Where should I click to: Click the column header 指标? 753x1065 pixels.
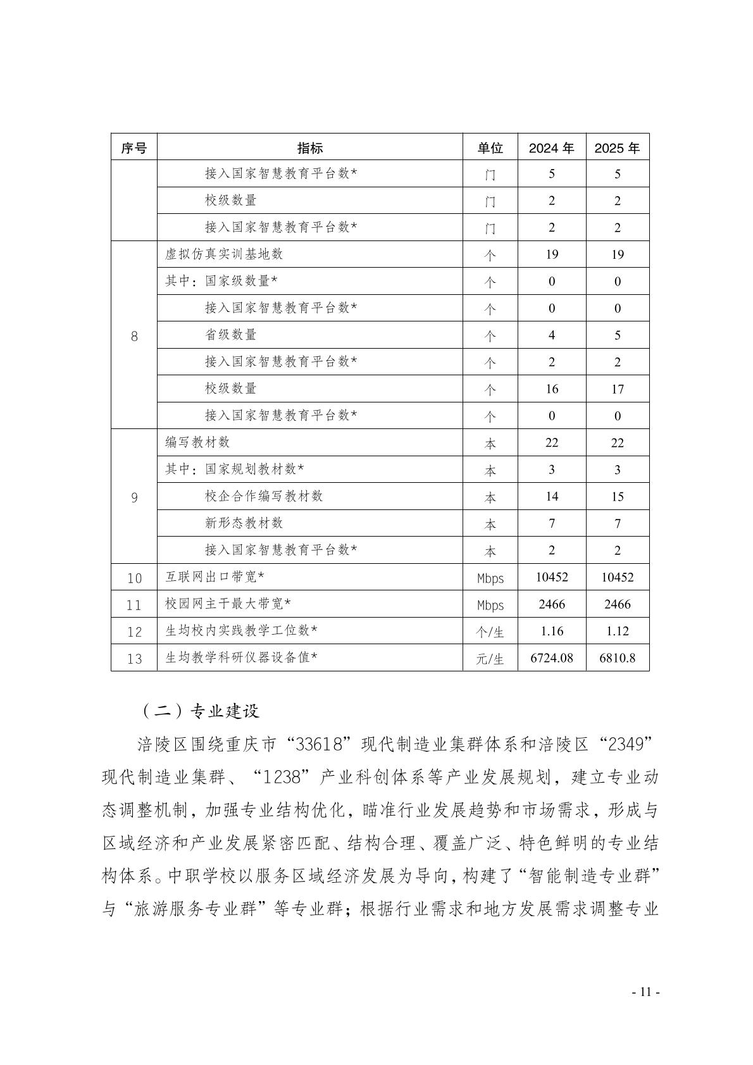tap(309, 148)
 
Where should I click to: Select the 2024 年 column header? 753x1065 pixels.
tap(551, 148)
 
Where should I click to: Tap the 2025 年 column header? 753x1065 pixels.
tap(617, 148)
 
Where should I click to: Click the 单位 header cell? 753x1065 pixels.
tap(490, 148)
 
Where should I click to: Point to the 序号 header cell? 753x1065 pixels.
tap(134, 148)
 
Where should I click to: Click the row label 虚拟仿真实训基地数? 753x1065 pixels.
tap(224, 254)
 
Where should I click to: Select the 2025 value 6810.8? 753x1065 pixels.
tap(617, 658)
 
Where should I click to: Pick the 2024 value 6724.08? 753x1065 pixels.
tap(551, 658)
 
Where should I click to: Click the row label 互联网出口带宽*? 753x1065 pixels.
tap(215, 577)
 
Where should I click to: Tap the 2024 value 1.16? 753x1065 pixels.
tap(551, 631)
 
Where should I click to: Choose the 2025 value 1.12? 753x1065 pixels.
tap(617, 631)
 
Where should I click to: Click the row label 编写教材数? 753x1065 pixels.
tap(197, 442)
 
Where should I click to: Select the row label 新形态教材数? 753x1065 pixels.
tap(244, 523)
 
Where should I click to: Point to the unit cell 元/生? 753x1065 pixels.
tap(490, 659)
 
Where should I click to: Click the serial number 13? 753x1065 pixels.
tap(134, 659)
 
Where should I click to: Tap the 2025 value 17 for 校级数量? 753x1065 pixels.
tap(617, 389)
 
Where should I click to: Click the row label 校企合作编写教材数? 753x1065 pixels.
tap(264, 496)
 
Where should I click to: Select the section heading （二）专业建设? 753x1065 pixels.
tap(201, 711)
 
